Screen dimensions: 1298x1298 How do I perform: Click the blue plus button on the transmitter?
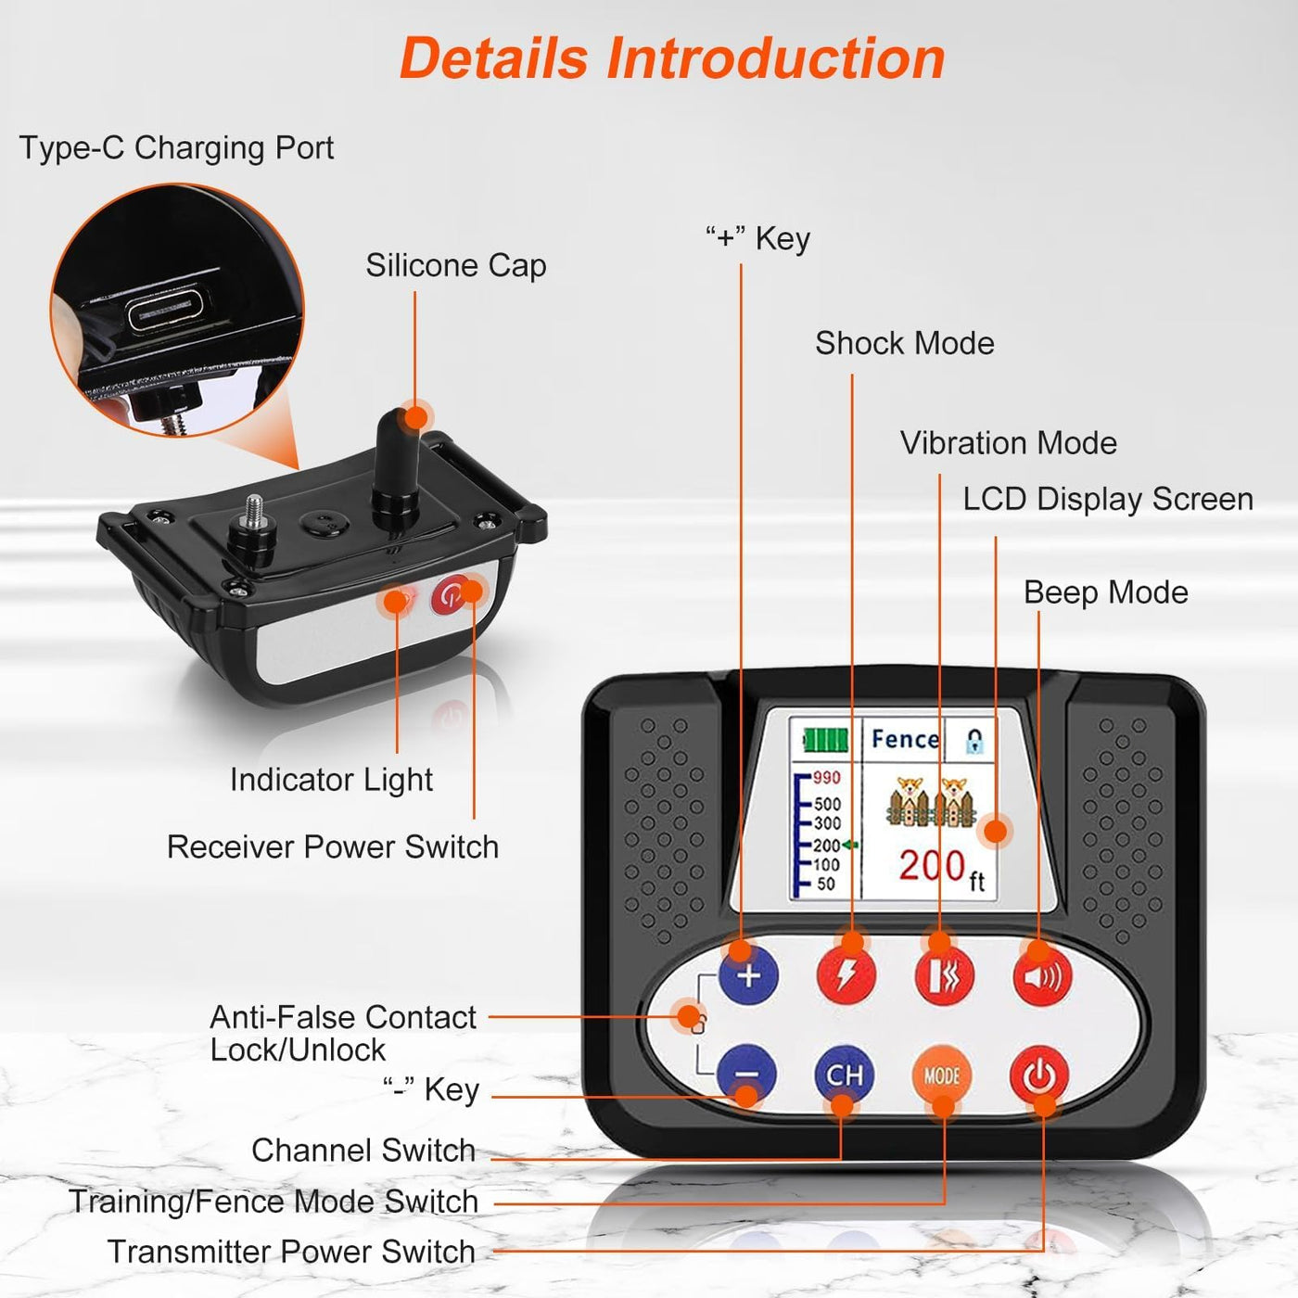coord(748,974)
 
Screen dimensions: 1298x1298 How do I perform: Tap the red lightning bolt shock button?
coord(846,974)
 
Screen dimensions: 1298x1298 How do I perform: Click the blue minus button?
coord(746,1075)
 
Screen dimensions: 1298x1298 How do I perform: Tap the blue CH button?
coord(844,1075)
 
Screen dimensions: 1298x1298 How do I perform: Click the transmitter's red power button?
coord(1039,1075)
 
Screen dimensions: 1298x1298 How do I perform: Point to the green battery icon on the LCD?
coord(824,740)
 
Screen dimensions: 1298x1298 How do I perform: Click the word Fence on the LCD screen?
coord(905,739)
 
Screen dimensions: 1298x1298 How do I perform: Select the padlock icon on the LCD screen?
coord(974,740)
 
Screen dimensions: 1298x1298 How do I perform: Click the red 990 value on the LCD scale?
coord(826,778)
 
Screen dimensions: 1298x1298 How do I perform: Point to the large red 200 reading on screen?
coord(933,866)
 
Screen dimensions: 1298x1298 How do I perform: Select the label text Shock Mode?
coord(905,343)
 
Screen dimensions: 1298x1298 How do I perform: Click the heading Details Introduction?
coord(672,58)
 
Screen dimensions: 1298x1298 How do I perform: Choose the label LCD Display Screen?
coord(1108,499)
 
